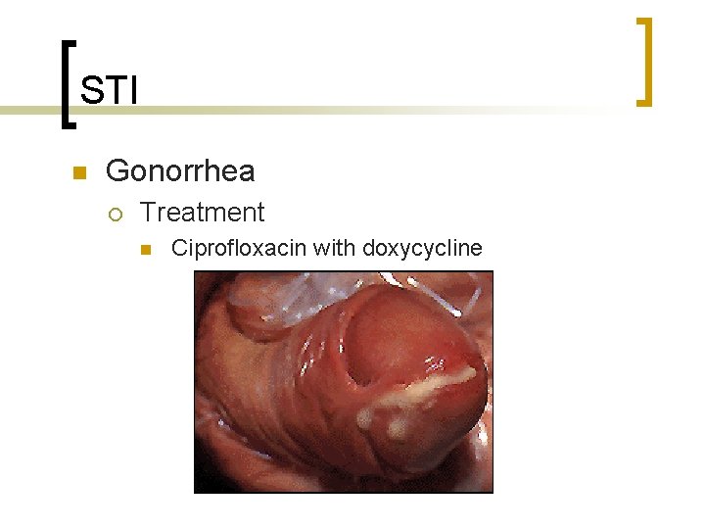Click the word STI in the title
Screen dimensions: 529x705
pos(109,91)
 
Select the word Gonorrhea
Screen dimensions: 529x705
pos(180,171)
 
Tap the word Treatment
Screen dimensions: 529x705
pos(203,213)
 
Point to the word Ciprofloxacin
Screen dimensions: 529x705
pos(239,248)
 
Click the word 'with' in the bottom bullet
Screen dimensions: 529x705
pos(335,248)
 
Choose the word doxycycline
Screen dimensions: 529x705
pos(422,249)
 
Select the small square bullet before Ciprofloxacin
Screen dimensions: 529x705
pos(146,250)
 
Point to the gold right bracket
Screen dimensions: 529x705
pos(643,61)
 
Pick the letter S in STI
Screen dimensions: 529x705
pos(90,91)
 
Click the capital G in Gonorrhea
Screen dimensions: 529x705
pos(117,171)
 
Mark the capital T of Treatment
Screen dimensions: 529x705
pos(148,213)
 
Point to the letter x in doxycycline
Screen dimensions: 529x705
pos(393,249)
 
